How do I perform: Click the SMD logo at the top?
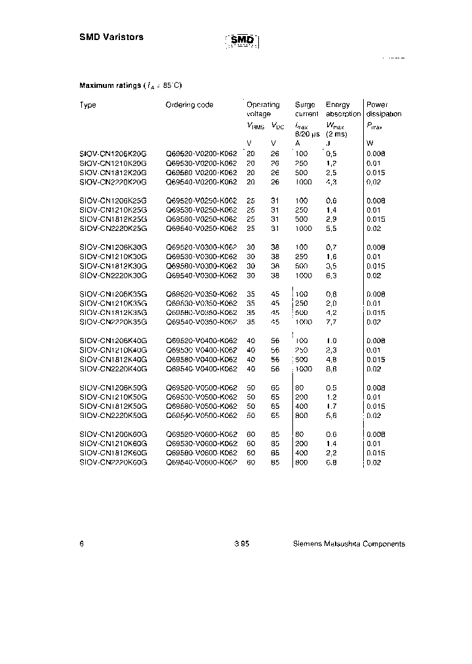[x=243, y=41]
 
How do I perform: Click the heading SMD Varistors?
[x=111, y=37]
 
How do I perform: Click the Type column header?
[x=88, y=105]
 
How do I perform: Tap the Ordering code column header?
[x=189, y=105]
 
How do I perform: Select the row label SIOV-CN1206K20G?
[x=113, y=153]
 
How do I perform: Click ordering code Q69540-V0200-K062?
[x=201, y=182]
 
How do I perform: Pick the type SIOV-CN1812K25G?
[x=113, y=219]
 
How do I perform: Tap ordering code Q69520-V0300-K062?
[x=201, y=247]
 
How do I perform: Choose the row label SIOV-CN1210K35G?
[x=113, y=304]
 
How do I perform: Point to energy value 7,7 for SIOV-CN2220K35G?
[x=332, y=323]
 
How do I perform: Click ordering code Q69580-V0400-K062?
[x=201, y=360]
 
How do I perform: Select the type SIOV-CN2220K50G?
[x=113, y=415]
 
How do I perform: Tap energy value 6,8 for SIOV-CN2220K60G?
[x=332, y=463]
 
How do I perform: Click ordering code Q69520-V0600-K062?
[x=201, y=434]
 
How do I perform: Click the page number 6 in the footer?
[x=81, y=544]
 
